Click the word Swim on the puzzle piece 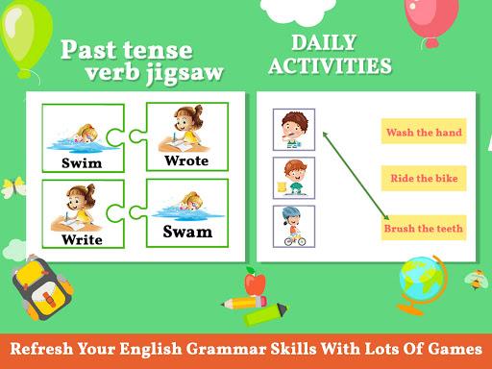(x=81, y=163)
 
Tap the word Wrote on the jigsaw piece (x=186, y=160)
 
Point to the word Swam (x=187, y=232)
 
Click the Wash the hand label (x=423, y=133)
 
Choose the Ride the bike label (x=423, y=179)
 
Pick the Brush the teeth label (x=423, y=229)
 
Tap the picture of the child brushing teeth (x=294, y=130)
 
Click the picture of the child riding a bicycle (x=294, y=227)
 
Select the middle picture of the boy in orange (x=294, y=178)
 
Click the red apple (x=255, y=283)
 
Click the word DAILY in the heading (x=325, y=43)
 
